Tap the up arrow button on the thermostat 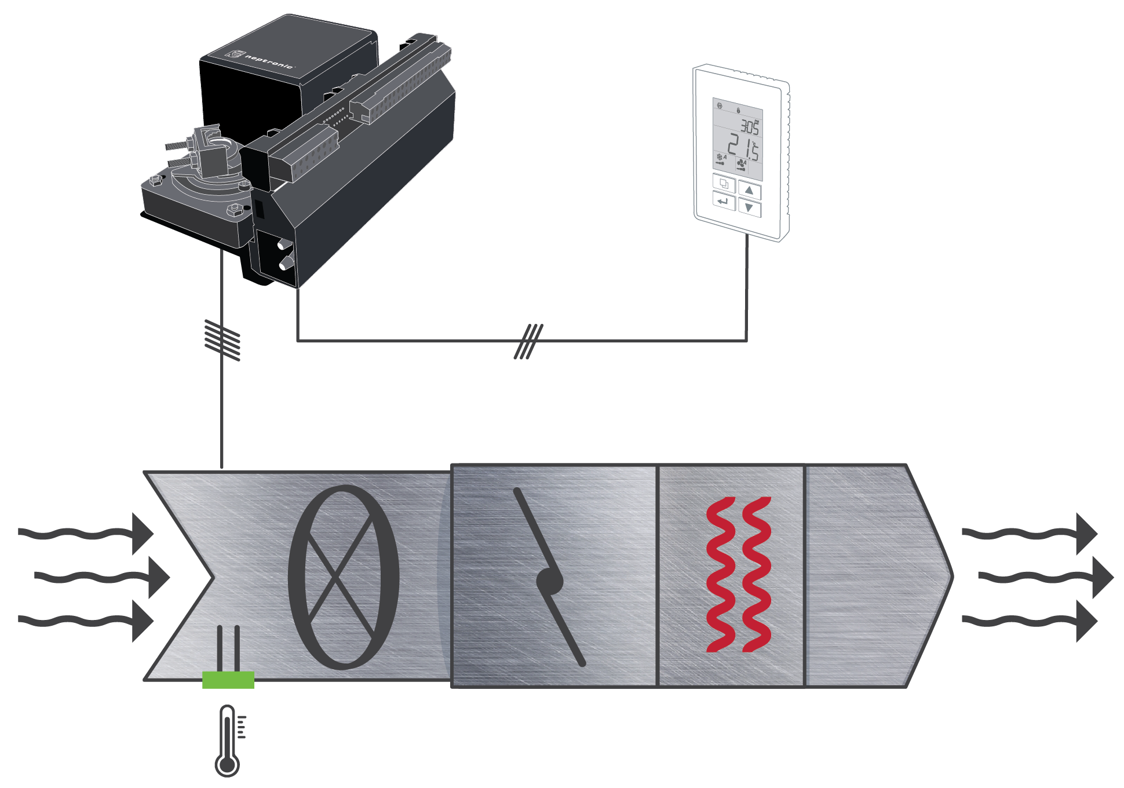point(749,190)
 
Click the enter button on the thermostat point(723,202)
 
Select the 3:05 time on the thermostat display point(749,126)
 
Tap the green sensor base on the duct point(228,680)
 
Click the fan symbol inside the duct point(344,577)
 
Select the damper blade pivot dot point(549,582)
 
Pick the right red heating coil point(757,574)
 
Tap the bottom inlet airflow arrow point(87,621)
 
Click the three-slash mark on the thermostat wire point(528,341)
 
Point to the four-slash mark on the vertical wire point(222,340)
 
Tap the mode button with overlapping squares point(724,184)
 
